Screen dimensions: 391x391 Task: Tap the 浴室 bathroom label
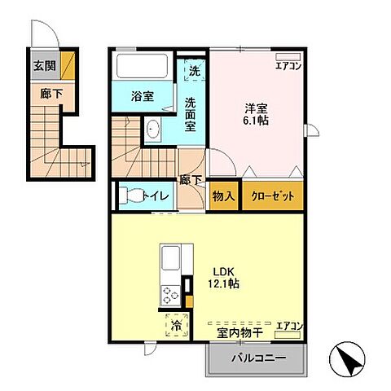143,96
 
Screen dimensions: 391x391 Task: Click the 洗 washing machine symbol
193,71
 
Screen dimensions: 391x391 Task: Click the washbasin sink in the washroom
154,128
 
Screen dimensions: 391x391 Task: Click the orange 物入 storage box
224,195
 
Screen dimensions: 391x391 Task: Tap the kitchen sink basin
173,262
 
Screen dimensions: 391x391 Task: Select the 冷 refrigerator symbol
176,326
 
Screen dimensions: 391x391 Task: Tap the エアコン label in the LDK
288,327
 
